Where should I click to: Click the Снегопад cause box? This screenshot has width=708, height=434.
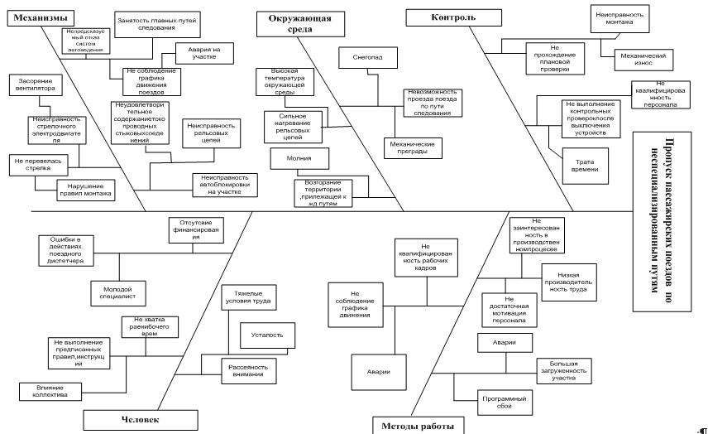(x=368, y=57)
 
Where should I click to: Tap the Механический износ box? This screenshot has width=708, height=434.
(x=637, y=58)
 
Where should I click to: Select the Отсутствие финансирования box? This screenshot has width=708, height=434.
(x=196, y=229)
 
